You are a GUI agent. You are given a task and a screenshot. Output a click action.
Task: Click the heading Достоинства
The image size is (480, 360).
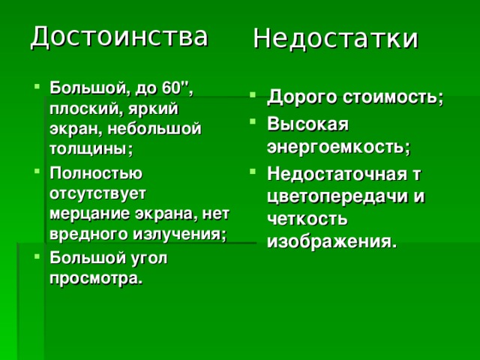pos(118,36)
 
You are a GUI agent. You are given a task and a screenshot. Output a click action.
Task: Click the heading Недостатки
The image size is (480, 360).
pos(334,38)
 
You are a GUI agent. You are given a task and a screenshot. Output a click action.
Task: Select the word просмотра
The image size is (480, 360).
pos(95,278)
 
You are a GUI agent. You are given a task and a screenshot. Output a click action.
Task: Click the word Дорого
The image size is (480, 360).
pos(302,98)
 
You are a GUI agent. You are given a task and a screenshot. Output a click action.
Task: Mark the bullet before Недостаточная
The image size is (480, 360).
pos(256,172)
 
